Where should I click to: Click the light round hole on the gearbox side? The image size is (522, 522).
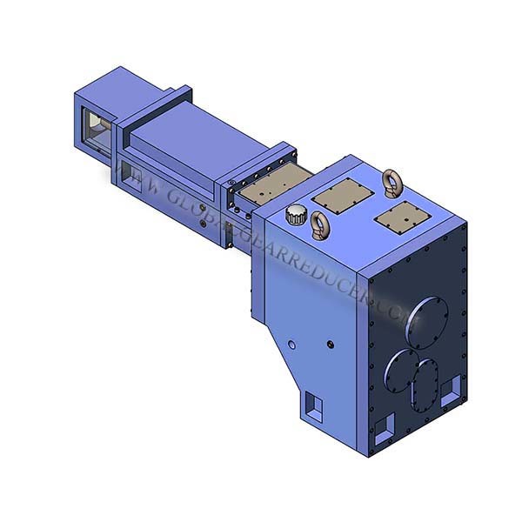tap(292, 346)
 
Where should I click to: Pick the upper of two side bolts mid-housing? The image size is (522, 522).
tap(205, 209)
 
